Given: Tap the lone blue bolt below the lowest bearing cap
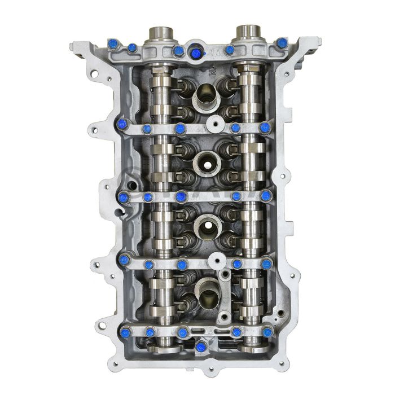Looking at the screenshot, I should coord(199,346).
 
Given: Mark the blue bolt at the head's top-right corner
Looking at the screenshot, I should coord(282,42).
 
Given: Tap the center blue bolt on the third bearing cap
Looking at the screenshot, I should coord(181,196).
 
